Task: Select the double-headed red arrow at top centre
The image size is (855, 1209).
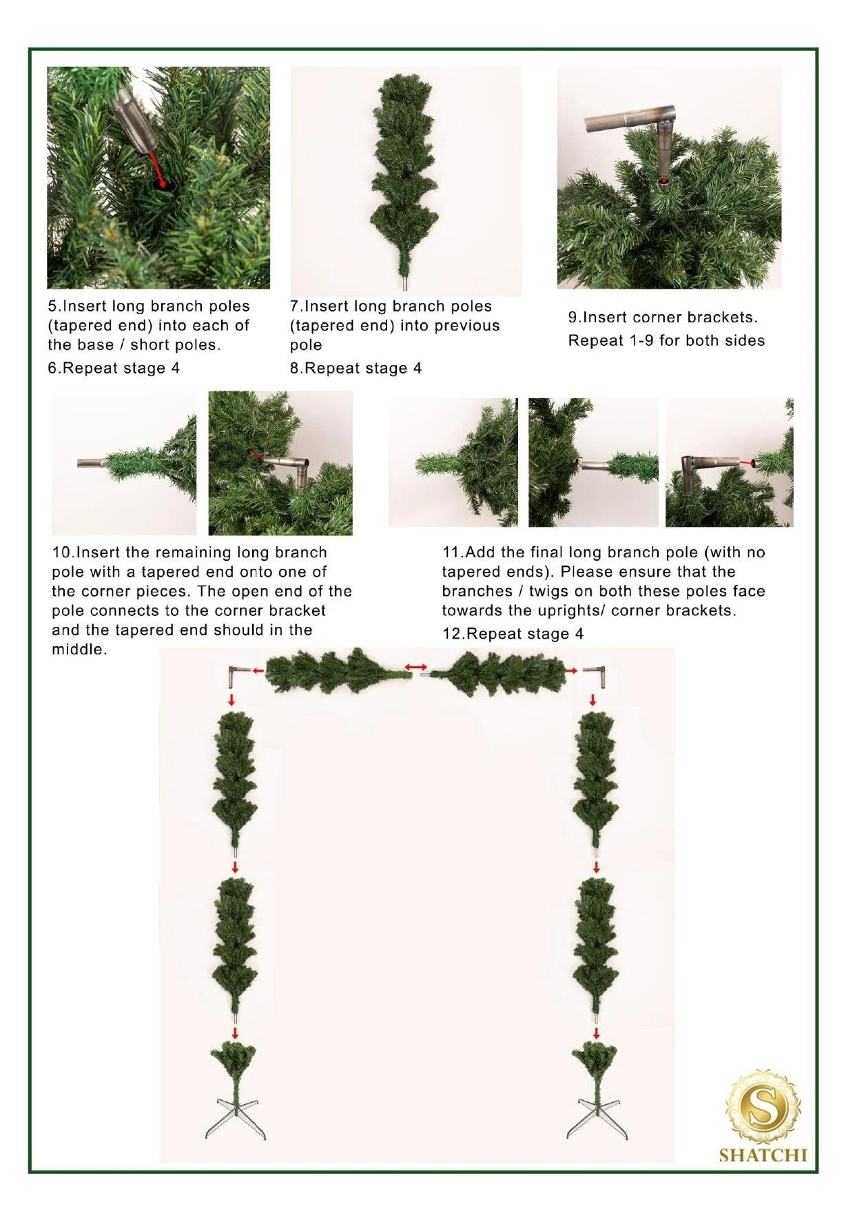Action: pyautogui.click(x=415, y=667)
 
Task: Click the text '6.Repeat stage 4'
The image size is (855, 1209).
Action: pyautogui.click(x=114, y=368)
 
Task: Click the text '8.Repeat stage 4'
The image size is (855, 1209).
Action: pyautogui.click(x=356, y=368)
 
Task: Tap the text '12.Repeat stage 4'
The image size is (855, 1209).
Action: pyautogui.click(x=513, y=634)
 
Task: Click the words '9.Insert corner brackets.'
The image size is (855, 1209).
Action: pyautogui.click(x=662, y=318)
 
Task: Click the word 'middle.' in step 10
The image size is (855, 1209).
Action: pyautogui.click(x=79, y=650)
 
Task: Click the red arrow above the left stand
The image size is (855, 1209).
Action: pyautogui.click(x=235, y=1033)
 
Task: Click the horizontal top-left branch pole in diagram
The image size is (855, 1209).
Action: pyautogui.click(x=338, y=670)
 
